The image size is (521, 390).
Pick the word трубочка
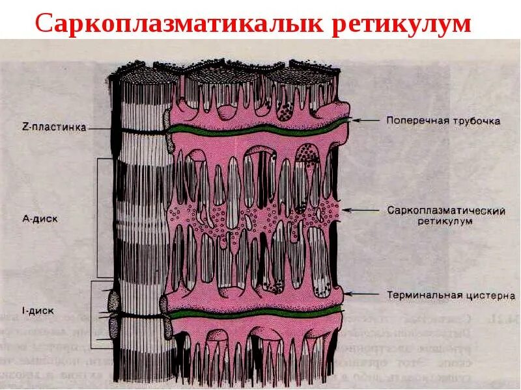pyautogui.click(x=477, y=120)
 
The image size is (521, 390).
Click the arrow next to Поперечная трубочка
pyautogui.click(x=365, y=120)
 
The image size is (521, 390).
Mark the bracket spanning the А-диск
pyautogui.click(x=98, y=218)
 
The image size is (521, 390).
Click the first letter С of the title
pyautogui.click(x=43, y=24)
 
